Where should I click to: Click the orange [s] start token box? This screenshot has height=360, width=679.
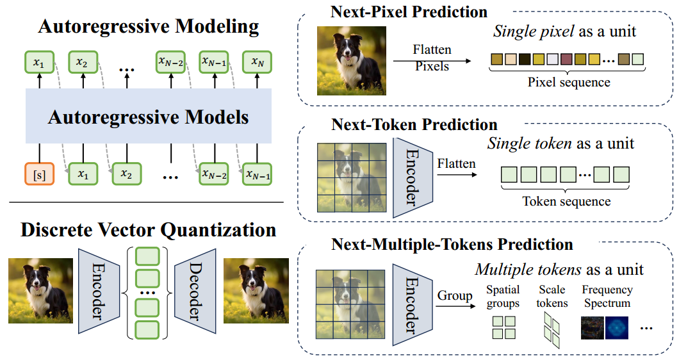click(x=40, y=174)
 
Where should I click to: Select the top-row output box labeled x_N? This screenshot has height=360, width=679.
click(x=258, y=62)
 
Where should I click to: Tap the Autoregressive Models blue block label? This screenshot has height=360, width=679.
click(x=148, y=117)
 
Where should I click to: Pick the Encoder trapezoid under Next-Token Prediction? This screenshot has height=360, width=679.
click(x=413, y=177)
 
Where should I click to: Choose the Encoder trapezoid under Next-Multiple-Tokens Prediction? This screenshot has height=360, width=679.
click(x=413, y=305)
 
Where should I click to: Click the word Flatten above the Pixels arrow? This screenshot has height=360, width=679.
click(x=432, y=49)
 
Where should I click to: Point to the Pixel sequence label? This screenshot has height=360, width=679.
click(x=569, y=82)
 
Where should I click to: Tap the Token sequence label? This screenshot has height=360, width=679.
click(x=566, y=201)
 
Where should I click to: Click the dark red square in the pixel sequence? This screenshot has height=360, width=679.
click(x=566, y=59)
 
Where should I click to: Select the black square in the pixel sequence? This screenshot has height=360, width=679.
click(x=525, y=59)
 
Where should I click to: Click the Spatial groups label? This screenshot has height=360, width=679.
click(x=503, y=297)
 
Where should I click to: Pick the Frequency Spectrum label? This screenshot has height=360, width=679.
click(x=607, y=297)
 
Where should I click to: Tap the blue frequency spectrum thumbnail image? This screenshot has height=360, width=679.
click(x=617, y=327)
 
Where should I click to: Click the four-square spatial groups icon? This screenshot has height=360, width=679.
click(x=504, y=327)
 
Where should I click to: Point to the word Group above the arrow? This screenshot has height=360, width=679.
click(x=455, y=295)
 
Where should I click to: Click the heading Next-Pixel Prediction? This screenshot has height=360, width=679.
click(x=409, y=12)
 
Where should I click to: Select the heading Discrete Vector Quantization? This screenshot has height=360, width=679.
click(x=148, y=229)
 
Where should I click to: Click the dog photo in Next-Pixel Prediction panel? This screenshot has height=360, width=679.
click(x=352, y=61)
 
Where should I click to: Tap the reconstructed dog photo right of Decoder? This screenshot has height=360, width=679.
click(x=256, y=291)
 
